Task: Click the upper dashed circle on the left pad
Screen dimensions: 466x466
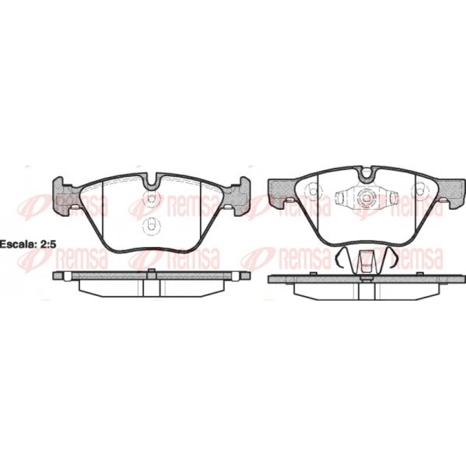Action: pyautogui.click(x=151, y=197)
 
